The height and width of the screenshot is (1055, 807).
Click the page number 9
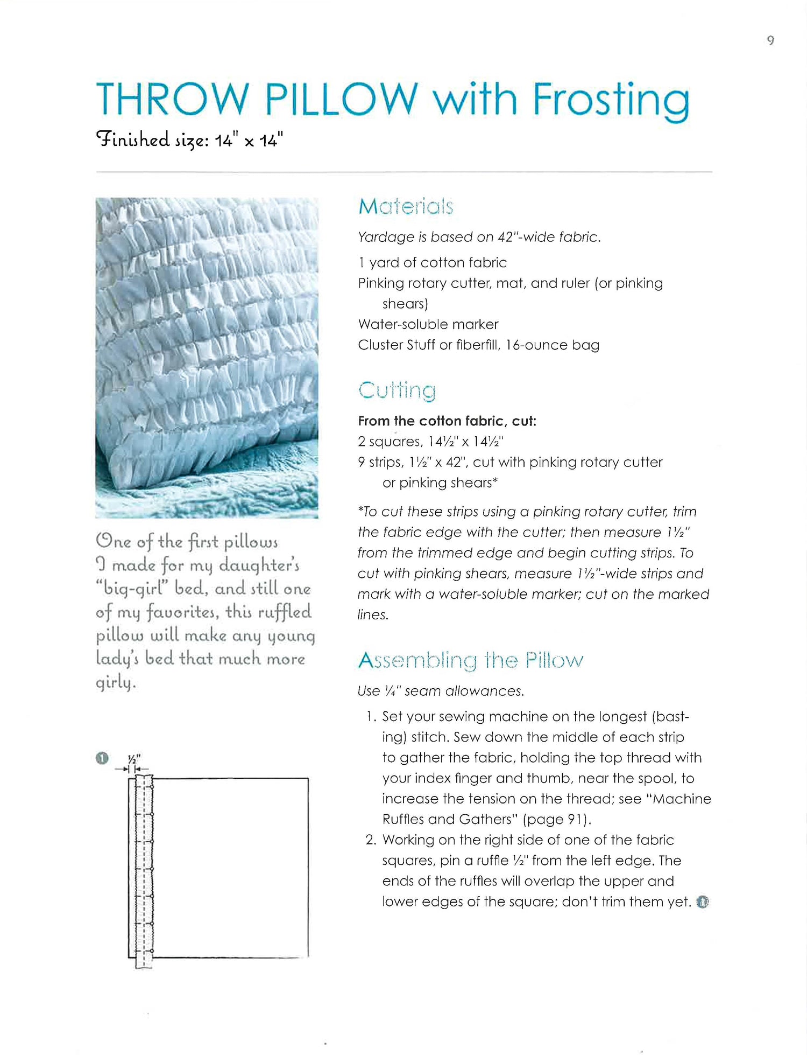pos(770,40)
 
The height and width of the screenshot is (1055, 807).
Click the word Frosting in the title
pos(611,101)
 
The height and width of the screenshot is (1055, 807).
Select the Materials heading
pos(406,206)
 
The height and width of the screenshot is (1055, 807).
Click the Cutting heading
pos(397,390)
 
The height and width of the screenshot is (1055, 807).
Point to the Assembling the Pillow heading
pos(470,660)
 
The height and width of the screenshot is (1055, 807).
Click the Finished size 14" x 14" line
pos(189,140)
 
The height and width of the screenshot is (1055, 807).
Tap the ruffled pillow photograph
pos(207,358)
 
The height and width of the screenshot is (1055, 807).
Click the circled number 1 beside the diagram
pos(102,758)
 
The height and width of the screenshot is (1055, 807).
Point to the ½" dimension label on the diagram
pos(134,759)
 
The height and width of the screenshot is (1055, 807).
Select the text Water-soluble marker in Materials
pos(428,324)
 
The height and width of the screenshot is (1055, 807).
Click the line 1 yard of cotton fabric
pos(433,263)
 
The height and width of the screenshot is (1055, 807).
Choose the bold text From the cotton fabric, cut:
pos(447,421)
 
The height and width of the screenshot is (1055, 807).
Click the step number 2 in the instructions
pos(370,840)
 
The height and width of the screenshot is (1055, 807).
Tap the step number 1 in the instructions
pos(370,717)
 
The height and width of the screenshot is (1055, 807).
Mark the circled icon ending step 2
pos(703,902)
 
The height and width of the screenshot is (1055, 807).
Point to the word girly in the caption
pos(115,682)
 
